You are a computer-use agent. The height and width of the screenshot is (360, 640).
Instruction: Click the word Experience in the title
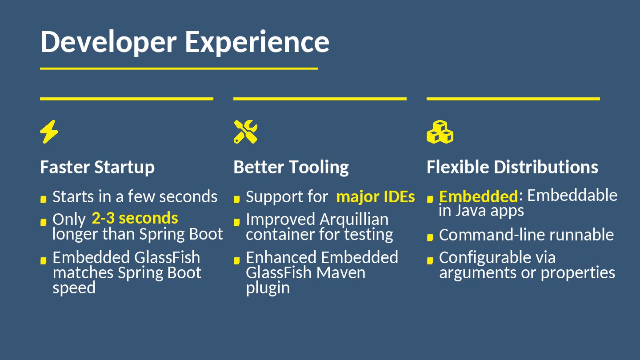257,42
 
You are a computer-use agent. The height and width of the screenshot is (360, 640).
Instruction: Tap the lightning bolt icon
49,132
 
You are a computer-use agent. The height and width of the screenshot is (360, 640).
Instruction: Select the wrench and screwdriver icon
245,132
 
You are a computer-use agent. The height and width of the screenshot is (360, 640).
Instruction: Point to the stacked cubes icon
440,132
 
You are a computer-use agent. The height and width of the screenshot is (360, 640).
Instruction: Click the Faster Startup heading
97,167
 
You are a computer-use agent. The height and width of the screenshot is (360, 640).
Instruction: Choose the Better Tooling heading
291,167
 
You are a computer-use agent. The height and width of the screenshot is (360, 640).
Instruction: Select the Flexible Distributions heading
512,167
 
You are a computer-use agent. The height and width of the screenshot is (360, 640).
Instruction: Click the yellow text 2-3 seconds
135,218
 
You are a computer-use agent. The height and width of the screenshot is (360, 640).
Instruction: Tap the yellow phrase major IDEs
376,196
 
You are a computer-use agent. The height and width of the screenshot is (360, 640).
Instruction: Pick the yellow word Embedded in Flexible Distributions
478,196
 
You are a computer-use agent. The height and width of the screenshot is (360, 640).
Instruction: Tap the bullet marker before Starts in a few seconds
43,199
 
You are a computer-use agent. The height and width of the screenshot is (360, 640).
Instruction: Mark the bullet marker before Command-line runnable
430,237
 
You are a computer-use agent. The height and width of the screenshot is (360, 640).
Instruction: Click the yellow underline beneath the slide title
179,68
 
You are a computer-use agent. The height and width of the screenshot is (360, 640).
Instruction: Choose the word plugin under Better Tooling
268,288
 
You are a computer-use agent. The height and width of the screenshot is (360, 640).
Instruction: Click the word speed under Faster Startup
74,288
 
